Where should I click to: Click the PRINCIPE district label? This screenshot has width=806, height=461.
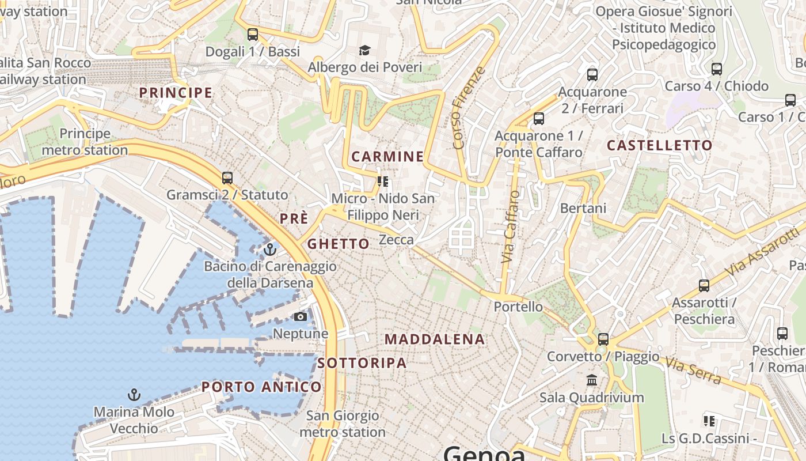(x=176, y=92)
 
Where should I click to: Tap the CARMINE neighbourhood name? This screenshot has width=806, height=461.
(x=387, y=156)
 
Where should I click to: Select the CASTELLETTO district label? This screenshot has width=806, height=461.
(x=659, y=145)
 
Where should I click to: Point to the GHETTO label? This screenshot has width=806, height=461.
(x=338, y=244)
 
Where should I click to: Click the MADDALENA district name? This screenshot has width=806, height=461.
(x=435, y=339)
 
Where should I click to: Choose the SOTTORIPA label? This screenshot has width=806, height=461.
(x=362, y=363)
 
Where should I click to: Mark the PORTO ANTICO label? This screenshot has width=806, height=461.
(x=261, y=387)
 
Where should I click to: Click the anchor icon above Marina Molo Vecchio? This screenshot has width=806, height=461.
(x=134, y=395)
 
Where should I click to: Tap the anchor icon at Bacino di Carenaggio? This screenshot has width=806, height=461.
(x=269, y=250)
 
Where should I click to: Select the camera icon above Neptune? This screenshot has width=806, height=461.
(x=300, y=316)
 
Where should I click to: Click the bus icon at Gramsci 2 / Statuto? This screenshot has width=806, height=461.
(x=227, y=177)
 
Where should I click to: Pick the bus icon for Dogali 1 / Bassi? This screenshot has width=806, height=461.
(x=253, y=34)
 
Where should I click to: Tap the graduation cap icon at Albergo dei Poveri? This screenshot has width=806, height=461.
(x=364, y=50)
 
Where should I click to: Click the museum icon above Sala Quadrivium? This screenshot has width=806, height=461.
(x=591, y=380)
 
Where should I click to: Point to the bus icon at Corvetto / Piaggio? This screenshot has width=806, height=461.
(x=603, y=339)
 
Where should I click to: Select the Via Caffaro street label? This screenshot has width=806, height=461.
(x=510, y=228)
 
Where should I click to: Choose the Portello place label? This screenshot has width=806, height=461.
(x=518, y=307)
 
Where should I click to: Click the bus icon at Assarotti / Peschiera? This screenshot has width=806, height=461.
(x=704, y=285)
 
